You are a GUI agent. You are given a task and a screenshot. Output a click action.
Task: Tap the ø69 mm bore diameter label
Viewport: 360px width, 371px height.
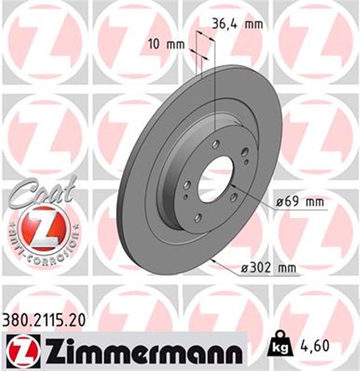coord(300,202)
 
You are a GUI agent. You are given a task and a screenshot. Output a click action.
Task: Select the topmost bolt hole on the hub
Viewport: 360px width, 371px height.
coord(216,145)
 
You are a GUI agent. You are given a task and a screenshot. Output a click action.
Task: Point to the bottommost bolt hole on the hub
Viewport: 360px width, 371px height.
coord(198,217)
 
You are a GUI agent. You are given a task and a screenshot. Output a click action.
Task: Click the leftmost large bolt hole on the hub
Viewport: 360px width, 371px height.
coord(187,185)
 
